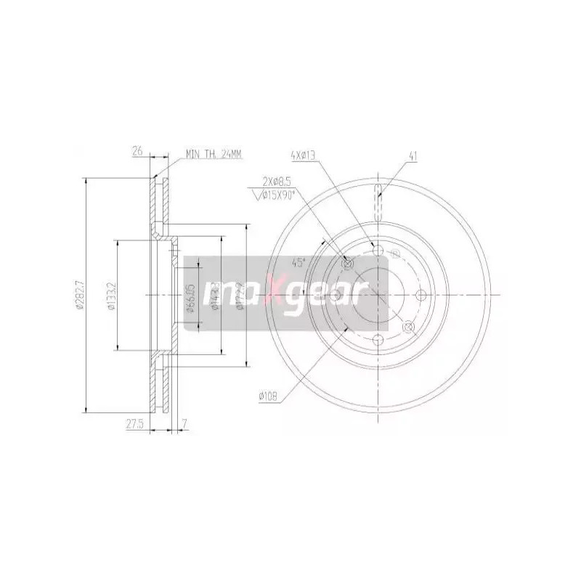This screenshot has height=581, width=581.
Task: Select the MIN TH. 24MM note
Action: coord(214,153)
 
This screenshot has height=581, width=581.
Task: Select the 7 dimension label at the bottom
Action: coord(185,422)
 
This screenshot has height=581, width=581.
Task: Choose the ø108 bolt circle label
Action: coord(269,396)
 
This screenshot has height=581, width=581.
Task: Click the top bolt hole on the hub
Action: coord(377,251)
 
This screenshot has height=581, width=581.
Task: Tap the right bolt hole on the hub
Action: coord(420,295)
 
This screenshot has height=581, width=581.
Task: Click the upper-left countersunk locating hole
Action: coord(346,264)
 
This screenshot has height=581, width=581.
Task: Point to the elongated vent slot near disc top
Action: coord(378,203)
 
